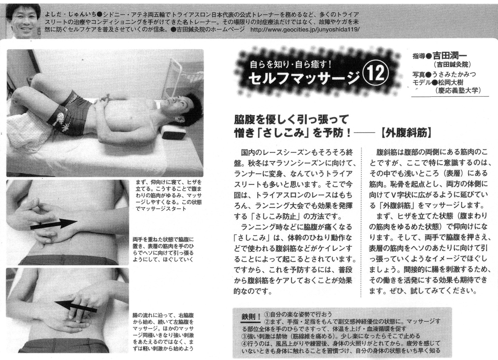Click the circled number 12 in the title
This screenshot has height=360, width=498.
378,74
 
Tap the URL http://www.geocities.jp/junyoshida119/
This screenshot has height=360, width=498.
305,29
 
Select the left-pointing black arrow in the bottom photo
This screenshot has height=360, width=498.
76,306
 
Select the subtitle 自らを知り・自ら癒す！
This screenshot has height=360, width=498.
291,65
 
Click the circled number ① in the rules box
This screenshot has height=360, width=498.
267,314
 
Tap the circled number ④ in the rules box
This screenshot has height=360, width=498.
245,344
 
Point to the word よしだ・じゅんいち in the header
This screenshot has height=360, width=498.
71,15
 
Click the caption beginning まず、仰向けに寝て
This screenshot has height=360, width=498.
168,196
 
